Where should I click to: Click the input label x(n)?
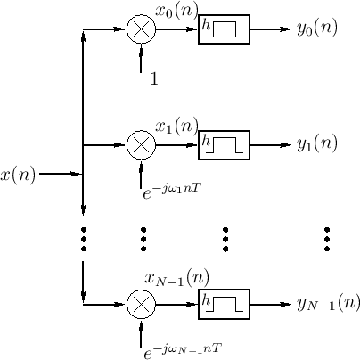(x=19, y=175)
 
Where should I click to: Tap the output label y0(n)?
(x=316, y=29)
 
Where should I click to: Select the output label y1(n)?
(x=316, y=144)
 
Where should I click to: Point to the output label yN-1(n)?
(x=328, y=304)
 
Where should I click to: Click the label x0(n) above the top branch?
(x=176, y=12)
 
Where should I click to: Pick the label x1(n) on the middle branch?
(x=176, y=127)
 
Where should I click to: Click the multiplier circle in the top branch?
(x=141, y=29)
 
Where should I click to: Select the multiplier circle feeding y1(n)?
(x=141, y=144)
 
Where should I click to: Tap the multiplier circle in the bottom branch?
(x=141, y=305)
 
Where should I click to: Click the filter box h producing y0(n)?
(x=225, y=29)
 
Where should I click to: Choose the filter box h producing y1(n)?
(x=225, y=144)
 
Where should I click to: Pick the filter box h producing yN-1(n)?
(x=225, y=305)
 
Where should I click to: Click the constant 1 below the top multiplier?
(x=153, y=79)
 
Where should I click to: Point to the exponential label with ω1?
(x=174, y=189)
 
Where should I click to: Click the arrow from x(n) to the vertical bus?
(x=61, y=174)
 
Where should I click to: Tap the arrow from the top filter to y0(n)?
(x=271, y=29)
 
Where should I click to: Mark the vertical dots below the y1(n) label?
(x=327, y=239)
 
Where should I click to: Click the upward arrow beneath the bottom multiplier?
(x=141, y=334)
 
